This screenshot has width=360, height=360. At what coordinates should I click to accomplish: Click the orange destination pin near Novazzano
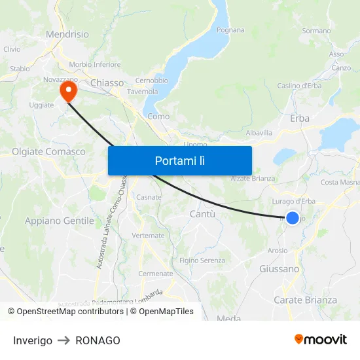pyautogui.click(x=67, y=90)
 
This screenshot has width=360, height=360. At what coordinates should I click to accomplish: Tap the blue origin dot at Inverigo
pyautogui.click(x=293, y=218)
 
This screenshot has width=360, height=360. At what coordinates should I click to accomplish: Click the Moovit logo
pyautogui.click(x=320, y=339)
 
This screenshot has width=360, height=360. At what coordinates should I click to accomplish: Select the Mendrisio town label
pyautogui.click(x=67, y=34)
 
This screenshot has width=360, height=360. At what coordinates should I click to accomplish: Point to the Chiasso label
pyautogui.click(x=107, y=82)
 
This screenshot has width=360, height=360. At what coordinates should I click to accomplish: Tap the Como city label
pyautogui.click(x=158, y=117)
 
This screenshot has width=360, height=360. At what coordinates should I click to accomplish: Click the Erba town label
pyautogui.click(x=300, y=118)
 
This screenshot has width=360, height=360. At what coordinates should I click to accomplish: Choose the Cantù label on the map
pyautogui.click(x=202, y=214)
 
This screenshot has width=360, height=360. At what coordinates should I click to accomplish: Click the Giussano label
pyautogui.click(x=279, y=268)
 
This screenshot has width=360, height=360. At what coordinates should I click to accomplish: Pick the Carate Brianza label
pyautogui.click(x=304, y=300)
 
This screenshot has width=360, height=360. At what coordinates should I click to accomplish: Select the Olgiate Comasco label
pyautogui.click(x=48, y=152)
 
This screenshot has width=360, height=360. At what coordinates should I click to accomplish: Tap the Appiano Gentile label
pyautogui.click(x=60, y=221)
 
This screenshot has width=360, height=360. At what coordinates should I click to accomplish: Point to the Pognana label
pyautogui.click(x=230, y=30)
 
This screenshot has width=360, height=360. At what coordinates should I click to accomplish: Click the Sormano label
pyautogui.click(x=316, y=31)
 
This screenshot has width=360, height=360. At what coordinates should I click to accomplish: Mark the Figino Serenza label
pyautogui.click(x=202, y=261)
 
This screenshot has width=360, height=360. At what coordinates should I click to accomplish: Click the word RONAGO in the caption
pyautogui.click(x=98, y=340)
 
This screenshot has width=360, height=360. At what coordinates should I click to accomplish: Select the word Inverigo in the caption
pyautogui.click(x=33, y=340)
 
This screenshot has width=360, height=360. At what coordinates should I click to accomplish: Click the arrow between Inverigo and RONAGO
pyautogui.click(x=63, y=340)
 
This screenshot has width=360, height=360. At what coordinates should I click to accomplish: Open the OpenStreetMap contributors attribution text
pyautogui.click(x=70, y=312)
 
